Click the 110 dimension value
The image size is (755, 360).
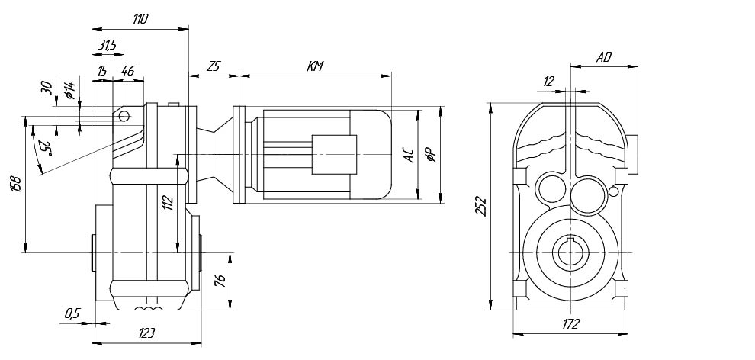coord(140,20)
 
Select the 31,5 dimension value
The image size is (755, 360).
coord(108,46)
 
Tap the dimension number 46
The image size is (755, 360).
coord(127,71)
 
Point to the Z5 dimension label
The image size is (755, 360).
coord(213,66)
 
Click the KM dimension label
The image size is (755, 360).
coord(315,66)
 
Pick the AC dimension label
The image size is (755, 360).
coord(410,155)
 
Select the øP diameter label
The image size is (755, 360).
coord(431,155)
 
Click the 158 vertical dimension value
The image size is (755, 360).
coord(17,184)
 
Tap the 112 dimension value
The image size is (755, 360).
coord(168,202)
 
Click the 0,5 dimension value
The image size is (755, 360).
coord(72,313)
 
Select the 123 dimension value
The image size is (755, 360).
coord(146,334)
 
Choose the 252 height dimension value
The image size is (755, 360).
coord(481,205)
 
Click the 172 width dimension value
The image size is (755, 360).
coord(570,323)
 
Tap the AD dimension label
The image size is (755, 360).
coord(604,57)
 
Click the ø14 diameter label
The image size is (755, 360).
coord(69,91)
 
